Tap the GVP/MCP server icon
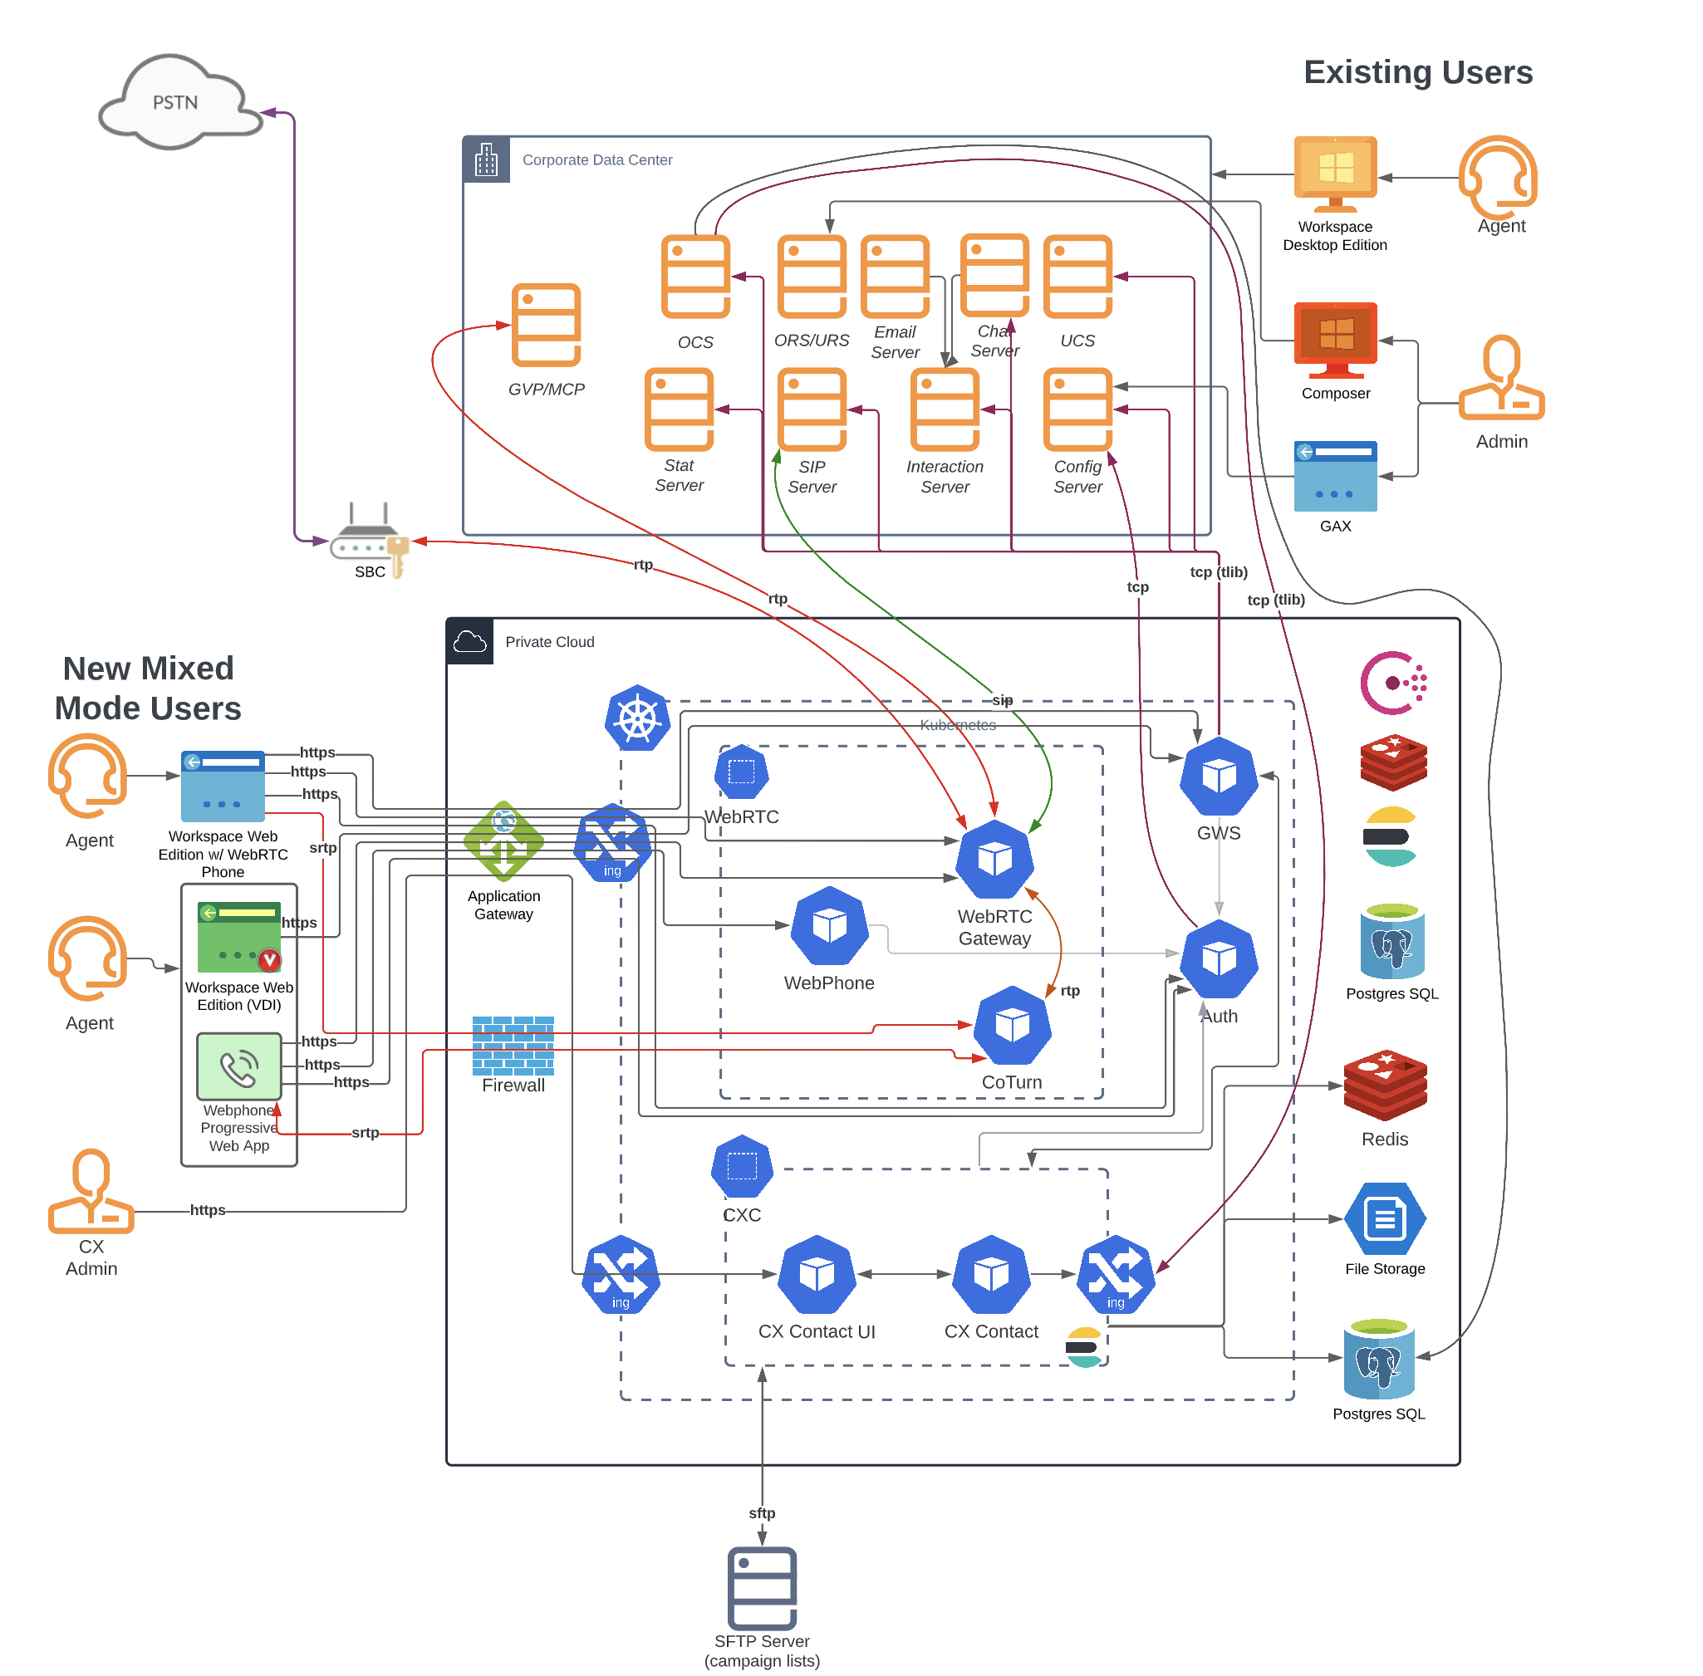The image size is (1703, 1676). click(x=546, y=325)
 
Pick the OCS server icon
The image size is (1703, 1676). click(x=695, y=277)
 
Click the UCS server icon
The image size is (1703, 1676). click(x=1077, y=277)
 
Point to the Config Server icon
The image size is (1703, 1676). click(x=1077, y=409)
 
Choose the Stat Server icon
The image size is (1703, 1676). click(x=679, y=409)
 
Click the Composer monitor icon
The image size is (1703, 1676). click(x=1336, y=341)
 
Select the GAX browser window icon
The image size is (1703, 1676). click(x=1336, y=476)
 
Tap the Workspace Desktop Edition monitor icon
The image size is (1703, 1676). click(x=1336, y=174)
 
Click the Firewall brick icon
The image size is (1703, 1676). click(x=513, y=1046)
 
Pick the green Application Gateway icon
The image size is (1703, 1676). click(x=503, y=840)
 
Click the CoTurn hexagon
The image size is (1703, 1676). click(x=1012, y=1026)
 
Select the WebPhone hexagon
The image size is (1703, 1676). click(x=830, y=926)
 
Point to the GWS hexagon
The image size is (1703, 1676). click(x=1219, y=777)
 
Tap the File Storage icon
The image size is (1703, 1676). click(x=1385, y=1219)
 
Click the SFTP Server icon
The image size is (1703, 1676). click(x=763, y=1589)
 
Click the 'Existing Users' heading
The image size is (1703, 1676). click(x=1419, y=72)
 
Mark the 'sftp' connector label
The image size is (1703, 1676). click(x=763, y=1513)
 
